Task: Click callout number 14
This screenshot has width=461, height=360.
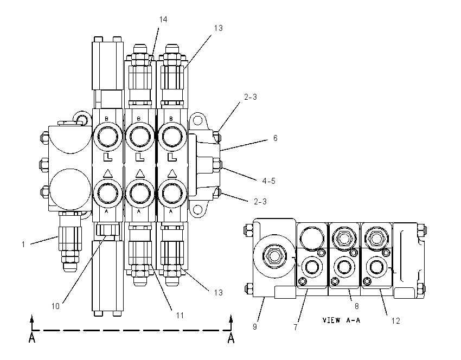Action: (x=163, y=20)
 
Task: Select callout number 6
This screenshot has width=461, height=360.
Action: (x=275, y=138)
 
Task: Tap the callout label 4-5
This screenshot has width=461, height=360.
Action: (x=268, y=181)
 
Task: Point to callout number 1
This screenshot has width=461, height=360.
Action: (x=23, y=244)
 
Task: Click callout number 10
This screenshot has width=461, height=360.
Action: (x=55, y=306)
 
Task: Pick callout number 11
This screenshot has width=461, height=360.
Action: (x=180, y=316)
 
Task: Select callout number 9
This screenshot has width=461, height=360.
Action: (x=255, y=327)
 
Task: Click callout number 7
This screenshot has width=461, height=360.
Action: (x=296, y=327)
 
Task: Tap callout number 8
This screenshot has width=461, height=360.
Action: (x=357, y=306)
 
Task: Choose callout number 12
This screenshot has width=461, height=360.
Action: (x=396, y=321)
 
